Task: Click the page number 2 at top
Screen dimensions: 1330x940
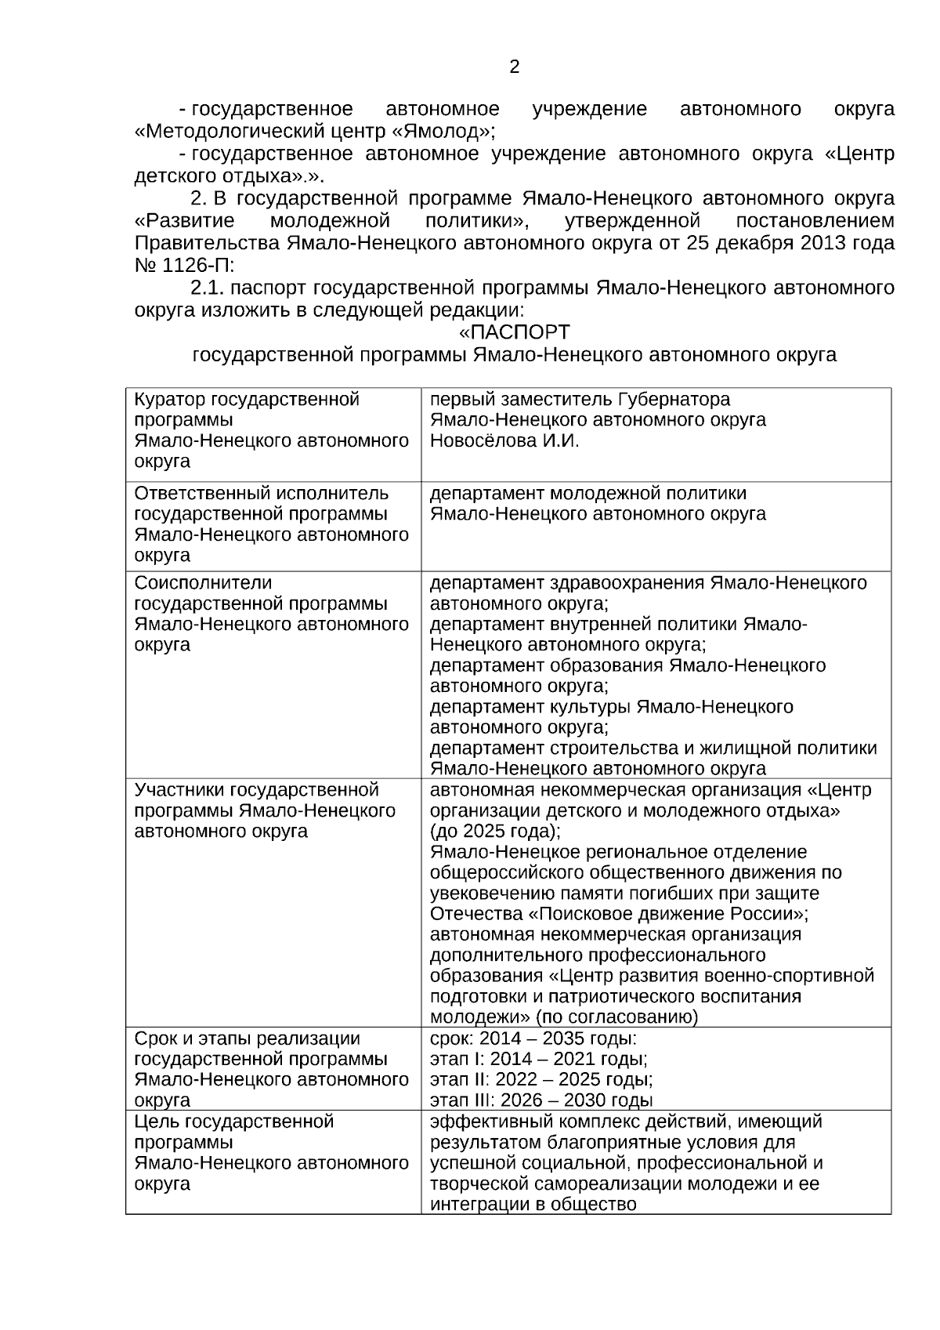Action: [x=514, y=67]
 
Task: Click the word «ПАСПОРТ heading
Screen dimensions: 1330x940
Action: [x=514, y=332]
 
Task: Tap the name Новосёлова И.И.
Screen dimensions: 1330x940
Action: [x=504, y=440]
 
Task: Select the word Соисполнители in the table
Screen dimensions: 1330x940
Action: [x=203, y=583]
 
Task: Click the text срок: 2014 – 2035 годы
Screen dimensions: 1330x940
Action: [x=533, y=1039]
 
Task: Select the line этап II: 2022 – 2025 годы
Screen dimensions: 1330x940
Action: [x=541, y=1080]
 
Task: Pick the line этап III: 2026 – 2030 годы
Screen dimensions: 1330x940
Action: [x=541, y=1100]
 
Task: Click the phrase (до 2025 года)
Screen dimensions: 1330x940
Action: [x=494, y=831]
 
